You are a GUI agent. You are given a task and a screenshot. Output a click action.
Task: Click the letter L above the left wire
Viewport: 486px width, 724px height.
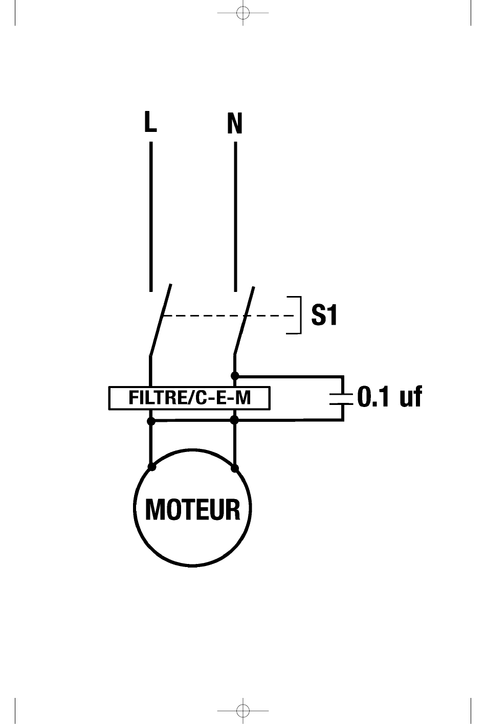coord(150,122)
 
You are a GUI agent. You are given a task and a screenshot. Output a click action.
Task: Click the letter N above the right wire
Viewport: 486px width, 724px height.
coord(235,123)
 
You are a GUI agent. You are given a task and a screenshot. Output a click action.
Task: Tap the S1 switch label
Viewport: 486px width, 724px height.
coord(324,315)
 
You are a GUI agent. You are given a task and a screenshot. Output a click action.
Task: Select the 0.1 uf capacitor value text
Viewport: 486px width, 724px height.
coord(390,396)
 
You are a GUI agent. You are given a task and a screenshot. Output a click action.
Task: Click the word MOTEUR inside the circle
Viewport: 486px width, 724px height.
coord(193,510)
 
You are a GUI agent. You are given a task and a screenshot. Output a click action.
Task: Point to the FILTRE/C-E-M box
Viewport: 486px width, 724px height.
coord(189,398)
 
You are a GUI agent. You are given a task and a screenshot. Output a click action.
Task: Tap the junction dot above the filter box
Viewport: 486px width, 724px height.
coord(235,376)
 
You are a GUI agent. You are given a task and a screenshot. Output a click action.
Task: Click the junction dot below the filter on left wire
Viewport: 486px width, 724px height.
coord(151,421)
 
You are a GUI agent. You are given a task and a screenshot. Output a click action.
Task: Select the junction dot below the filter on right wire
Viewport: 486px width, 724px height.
coord(235,420)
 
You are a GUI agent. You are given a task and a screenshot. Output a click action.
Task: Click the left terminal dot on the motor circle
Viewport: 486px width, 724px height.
coord(151,467)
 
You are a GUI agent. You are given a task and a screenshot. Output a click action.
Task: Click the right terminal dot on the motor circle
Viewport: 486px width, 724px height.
coord(235,468)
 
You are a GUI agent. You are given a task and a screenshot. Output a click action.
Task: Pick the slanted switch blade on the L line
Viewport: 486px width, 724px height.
coord(161,320)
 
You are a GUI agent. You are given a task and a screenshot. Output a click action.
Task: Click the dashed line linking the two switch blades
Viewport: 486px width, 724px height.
coord(229,315)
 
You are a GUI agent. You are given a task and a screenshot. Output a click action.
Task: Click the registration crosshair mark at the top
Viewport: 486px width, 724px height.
coord(243,13)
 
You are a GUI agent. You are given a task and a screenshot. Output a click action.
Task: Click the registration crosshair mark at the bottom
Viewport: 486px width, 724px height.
coord(243,711)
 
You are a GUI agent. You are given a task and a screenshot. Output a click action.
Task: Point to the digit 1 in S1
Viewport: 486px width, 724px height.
coord(332,315)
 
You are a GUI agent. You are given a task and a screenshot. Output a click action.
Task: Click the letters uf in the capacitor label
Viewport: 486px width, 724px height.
coord(411,396)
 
